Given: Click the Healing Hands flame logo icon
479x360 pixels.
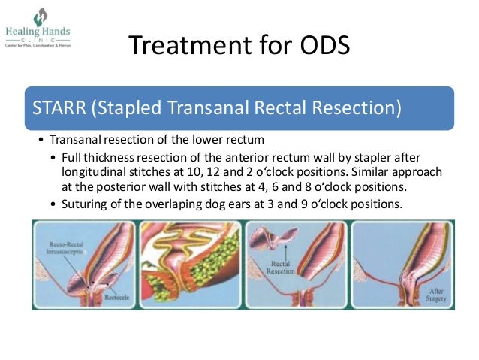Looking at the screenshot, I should [x=39, y=16].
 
